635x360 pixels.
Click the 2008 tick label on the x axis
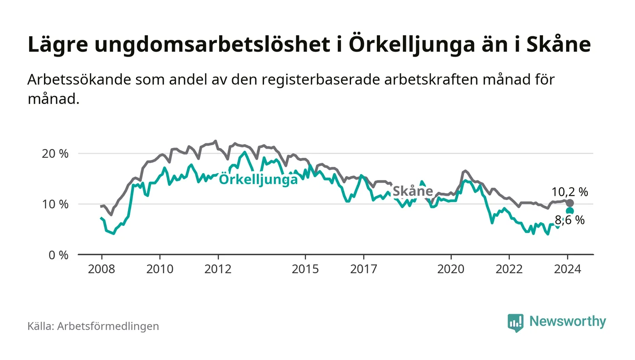tap(101, 269)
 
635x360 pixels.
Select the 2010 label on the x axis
tap(160, 269)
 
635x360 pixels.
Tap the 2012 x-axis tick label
tap(218, 269)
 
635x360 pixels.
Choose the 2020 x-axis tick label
tap(451, 269)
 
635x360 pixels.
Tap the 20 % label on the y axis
tap(55, 154)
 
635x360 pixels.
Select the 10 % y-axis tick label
tap(55, 204)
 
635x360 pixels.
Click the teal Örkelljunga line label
tap(258, 180)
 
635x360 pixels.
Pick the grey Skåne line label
tap(412, 191)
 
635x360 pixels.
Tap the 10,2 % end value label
tap(570, 192)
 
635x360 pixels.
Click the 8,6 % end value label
tap(570, 221)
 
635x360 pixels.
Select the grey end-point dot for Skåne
tap(570, 203)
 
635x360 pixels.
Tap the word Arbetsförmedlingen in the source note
tap(108, 326)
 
